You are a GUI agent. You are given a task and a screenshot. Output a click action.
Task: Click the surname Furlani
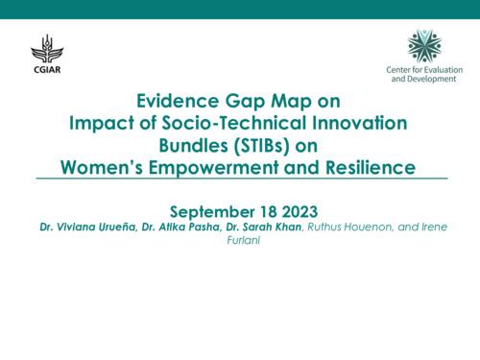(240, 243)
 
